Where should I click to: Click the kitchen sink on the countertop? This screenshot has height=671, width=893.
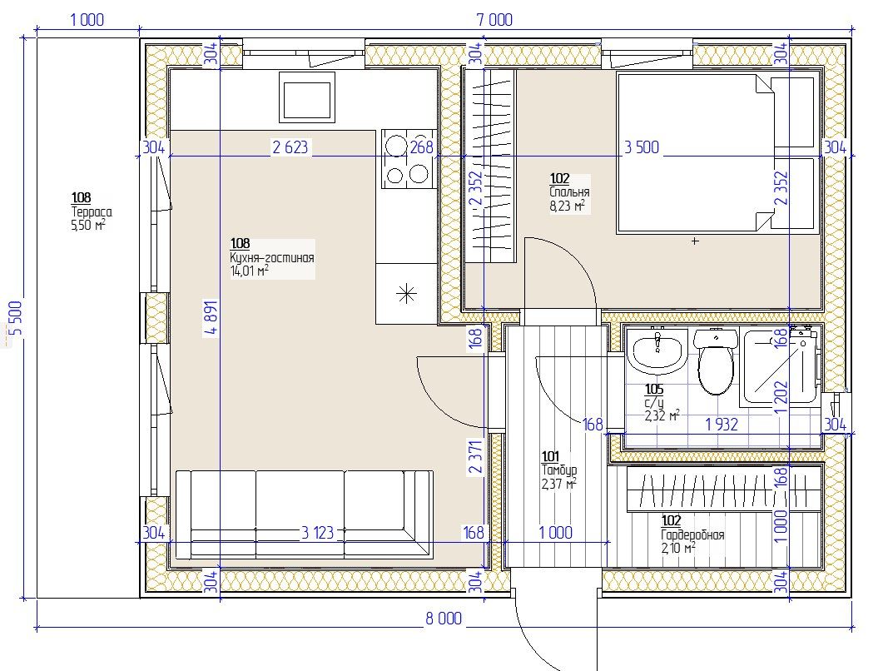coord(306,97)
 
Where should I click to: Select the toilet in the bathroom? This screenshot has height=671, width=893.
coord(716,361)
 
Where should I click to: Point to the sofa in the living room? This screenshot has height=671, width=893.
coord(304,514)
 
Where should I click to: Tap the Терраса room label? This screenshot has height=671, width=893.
coord(91,212)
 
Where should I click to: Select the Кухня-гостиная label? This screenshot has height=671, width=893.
coord(271,257)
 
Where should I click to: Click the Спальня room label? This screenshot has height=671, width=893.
coord(569,192)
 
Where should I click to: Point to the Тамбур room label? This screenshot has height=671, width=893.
coord(558,470)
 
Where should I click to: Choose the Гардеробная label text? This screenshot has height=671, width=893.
coord(692,534)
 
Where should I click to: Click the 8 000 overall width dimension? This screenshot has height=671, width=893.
coord(444,618)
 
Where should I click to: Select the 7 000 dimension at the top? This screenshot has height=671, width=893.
coord(494,20)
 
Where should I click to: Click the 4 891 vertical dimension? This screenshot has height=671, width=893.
coord(211,319)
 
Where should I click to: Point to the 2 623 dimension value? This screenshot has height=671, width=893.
coord(290,147)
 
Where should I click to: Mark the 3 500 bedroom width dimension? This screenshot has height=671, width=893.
coord(642,147)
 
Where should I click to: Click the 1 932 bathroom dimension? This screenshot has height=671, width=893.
coord(722,425)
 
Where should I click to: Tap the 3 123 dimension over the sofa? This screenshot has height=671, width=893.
coord(317,533)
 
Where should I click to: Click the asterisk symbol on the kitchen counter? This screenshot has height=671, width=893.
coord(406,294)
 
